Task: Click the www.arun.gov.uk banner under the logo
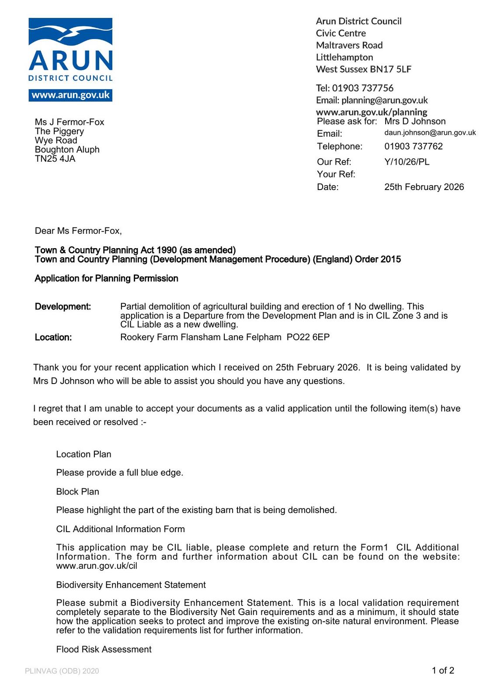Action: coord(70,95)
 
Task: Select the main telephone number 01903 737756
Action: coord(362,88)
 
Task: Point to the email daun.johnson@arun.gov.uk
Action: coord(430,133)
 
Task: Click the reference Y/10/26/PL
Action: coord(407,162)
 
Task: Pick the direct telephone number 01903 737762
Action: coord(413,146)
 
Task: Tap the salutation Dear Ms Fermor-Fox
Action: coord(78,231)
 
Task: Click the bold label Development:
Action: coord(63,307)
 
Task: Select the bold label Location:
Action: coord(53,337)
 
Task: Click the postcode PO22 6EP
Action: coord(308,337)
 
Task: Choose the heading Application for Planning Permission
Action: coord(106,278)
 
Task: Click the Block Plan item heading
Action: coord(77,491)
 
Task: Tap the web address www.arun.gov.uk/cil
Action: coord(97,566)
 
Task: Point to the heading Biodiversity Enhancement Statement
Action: coord(131,585)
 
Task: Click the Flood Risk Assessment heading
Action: coord(104,650)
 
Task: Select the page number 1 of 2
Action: coord(443,671)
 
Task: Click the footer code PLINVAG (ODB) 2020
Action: coord(62,671)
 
